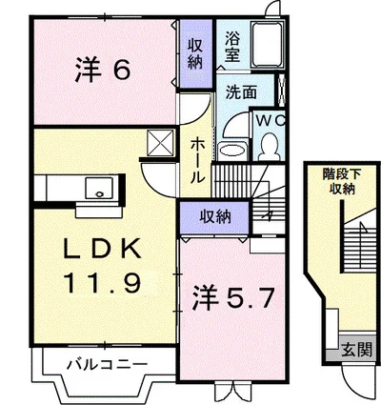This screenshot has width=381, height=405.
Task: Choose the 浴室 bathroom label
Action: tap(233, 48)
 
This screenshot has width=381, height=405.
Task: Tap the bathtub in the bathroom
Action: tap(271, 48)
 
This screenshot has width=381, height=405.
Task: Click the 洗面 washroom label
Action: tap(239, 93)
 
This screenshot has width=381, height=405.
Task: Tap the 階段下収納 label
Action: tap(338, 181)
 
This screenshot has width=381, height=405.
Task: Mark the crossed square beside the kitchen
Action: tap(157, 143)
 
